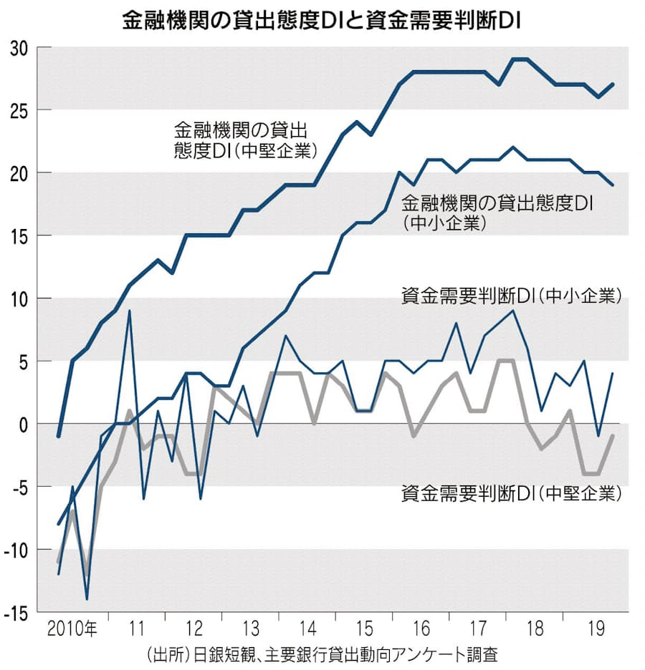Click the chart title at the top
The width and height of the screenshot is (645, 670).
click(321, 21)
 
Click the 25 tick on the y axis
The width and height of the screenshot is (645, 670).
click(19, 110)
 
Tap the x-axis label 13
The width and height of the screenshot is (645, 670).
click(250, 629)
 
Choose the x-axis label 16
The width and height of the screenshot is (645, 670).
click(421, 629)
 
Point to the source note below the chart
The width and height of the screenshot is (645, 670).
click(321, 654)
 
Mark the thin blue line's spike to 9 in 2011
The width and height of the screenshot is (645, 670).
click(130, 311)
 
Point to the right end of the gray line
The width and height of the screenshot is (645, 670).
click(613, 436)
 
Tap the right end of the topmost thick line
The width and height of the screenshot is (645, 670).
click(613, 84)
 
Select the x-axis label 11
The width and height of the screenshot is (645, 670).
click(136, 629)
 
